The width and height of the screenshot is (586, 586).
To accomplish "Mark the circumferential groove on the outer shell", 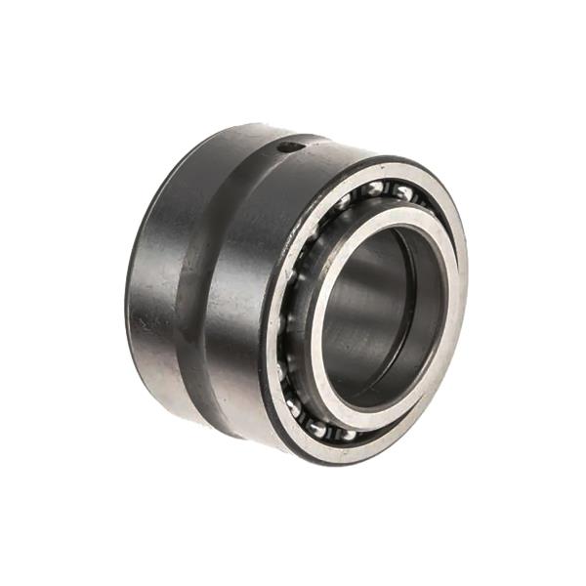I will pyautogui.click(x=200, y=283).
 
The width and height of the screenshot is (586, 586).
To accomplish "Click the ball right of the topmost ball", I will pyautogui.click(x=401, y=193).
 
